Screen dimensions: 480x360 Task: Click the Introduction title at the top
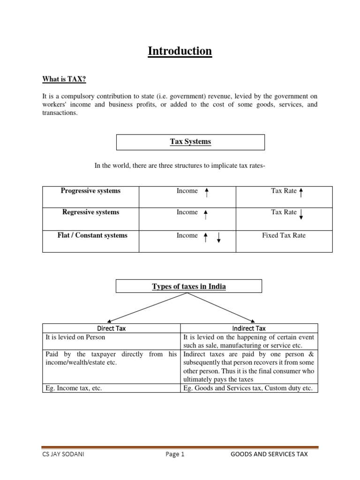point(180,51)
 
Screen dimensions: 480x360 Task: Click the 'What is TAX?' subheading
point(64,80)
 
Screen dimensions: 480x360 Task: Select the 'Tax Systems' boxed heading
point(190,142)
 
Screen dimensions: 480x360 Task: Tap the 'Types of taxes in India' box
point(189,286)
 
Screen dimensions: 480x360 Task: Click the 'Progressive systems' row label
point(90,191)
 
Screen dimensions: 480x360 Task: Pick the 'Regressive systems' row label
point(90,212)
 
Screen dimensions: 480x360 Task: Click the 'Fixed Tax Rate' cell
point(284,235)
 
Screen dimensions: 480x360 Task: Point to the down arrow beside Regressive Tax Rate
point(301,214)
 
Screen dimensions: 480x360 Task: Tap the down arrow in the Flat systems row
point(218,238)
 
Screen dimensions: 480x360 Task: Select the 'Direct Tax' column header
point(111,329)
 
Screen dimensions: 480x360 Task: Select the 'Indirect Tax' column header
point(249,329)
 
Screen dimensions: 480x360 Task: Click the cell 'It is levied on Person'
point(75,337)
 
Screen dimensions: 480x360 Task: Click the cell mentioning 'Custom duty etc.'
point(248,388)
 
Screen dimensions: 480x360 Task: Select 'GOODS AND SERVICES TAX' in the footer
point(270,454)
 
